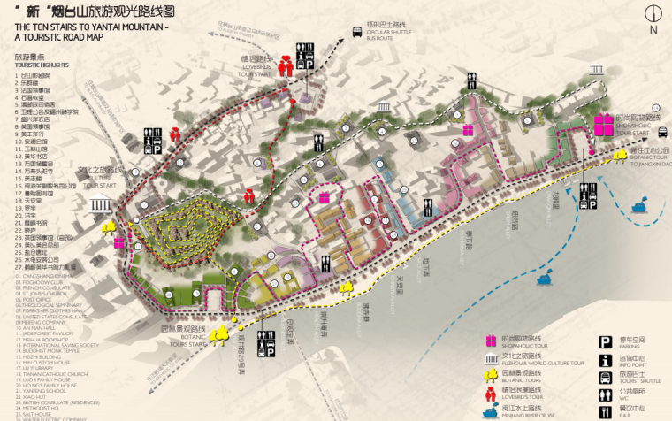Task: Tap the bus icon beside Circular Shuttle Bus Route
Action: click(x=357, y=32)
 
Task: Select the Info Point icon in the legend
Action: click(x=607, y=359)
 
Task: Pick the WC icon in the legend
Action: click(x=607, y=394)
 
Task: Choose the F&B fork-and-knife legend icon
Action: click(x=607, y=411)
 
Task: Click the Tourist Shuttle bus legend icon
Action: click(x=607, y=376)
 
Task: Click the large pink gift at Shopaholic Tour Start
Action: click(x=603, y=125)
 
